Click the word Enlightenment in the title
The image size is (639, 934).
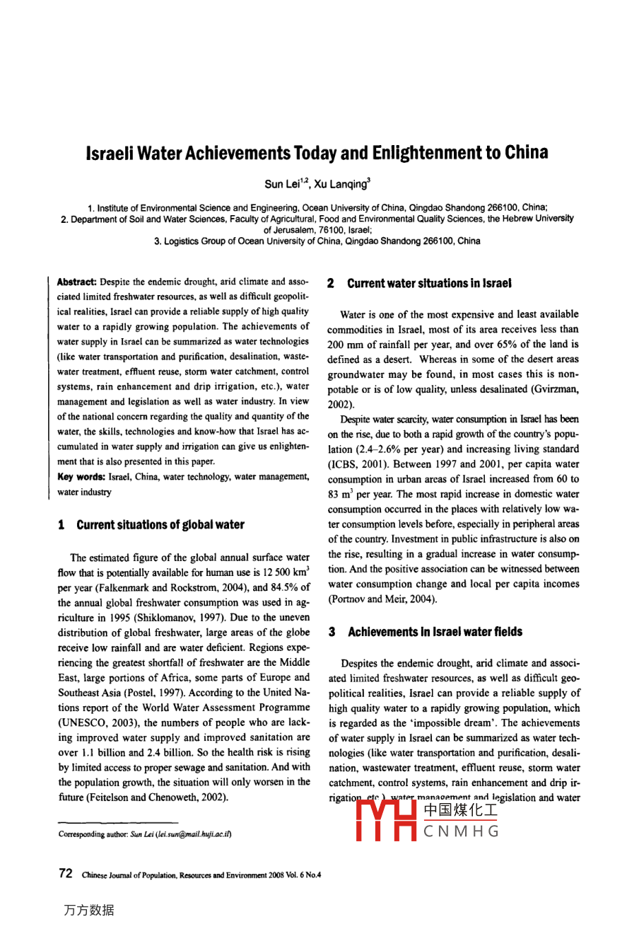[402, 153]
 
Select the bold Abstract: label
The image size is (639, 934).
[77, 282]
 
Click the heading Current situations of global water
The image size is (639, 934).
[160, 525]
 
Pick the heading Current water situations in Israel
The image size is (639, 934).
[429, 284]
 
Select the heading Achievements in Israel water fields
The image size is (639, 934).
[435, 632]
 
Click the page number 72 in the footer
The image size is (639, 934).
[66, 873]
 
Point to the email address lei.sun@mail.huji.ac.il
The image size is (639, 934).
[192, 834]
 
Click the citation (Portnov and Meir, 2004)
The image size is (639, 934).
[382, 599]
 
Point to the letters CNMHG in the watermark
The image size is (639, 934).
[461, 831]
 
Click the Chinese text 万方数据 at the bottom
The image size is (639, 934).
[88, 910]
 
